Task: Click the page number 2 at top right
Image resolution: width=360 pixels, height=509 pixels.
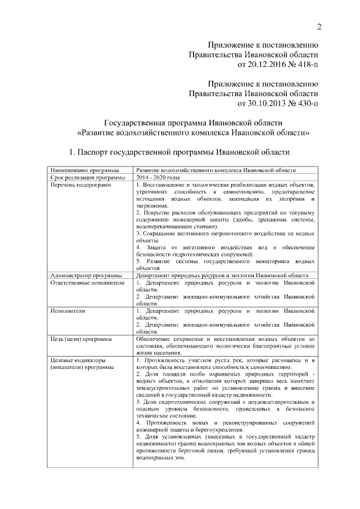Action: point(319,28)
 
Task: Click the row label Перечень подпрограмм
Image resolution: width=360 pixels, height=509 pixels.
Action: point(80,185)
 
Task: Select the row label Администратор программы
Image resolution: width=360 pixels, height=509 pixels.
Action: point(86,275)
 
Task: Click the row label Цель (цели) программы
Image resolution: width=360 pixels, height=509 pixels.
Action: point(80,339)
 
